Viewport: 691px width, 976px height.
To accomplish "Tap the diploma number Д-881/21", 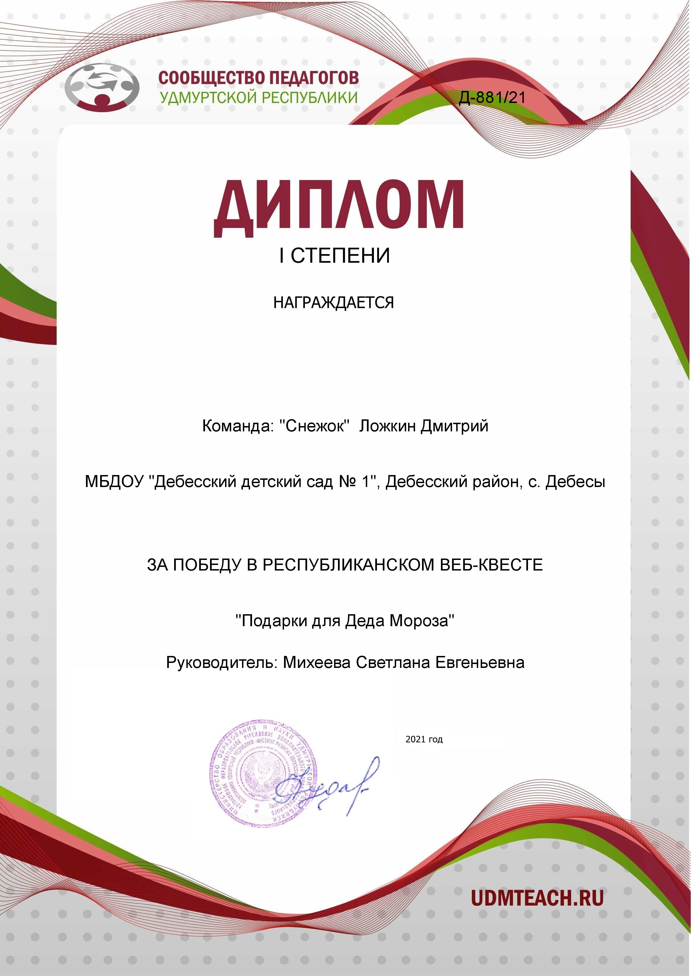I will [x=492, y=98].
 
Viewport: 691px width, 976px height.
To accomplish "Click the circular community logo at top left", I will [x=102, y=85].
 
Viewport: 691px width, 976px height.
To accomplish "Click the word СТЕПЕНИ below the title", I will [x=340, y=255].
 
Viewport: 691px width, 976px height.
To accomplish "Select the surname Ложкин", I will [x=387, y=426].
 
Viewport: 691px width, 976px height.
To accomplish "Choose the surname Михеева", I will [x=317, y=662].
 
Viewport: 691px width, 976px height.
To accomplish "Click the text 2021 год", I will [x=424, y=739].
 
